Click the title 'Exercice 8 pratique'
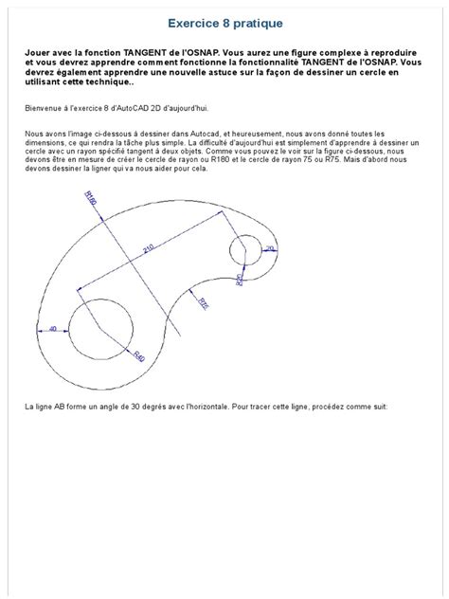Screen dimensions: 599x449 click(x=224, y=21)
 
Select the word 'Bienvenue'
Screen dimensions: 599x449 click(x=43, y=108)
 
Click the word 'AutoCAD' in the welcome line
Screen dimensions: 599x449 click(x=140, y=108)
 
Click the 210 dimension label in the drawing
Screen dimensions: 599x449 click(x=147, y=248)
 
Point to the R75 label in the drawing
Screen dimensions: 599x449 click(x=203, y=302)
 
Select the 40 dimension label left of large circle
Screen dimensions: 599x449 click(x=52, y=329)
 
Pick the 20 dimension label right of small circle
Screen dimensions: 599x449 click(x=269, y=248)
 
